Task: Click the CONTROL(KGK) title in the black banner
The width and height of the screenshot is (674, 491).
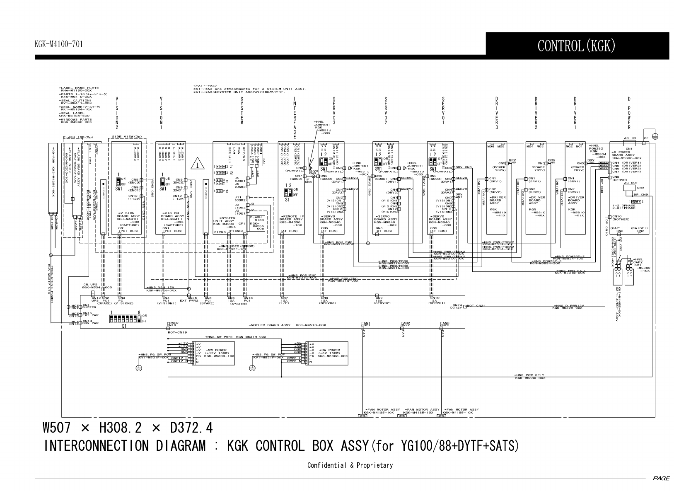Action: (x=576, y=46)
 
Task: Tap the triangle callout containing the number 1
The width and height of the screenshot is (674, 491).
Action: (x=198, y=164)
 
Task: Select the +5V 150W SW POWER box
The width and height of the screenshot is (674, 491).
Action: (x=327, y=353)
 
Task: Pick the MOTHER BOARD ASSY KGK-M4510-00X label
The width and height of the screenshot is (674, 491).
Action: (x=288, y=325)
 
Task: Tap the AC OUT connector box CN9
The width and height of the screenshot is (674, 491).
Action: (x=631, y=188)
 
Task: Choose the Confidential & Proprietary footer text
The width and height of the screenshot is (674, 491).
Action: (x=350, y=465)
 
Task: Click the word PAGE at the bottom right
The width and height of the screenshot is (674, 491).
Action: (x=660, y=478)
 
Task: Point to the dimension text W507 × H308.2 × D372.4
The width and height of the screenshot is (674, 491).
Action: (x=128, y=427)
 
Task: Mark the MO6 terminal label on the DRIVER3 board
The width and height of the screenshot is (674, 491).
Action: (x=491, y=146)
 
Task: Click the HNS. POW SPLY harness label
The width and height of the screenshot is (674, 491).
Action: (x=530, y=376)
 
